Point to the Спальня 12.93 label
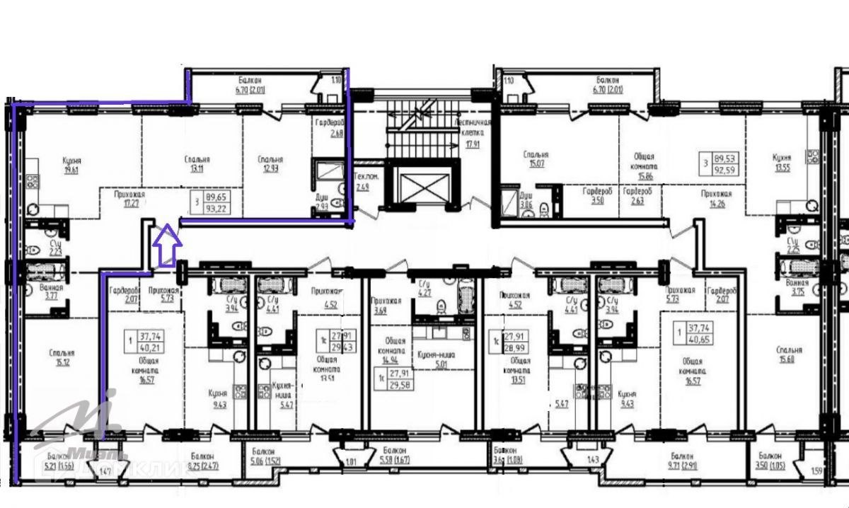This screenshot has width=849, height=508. pos(270,165)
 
